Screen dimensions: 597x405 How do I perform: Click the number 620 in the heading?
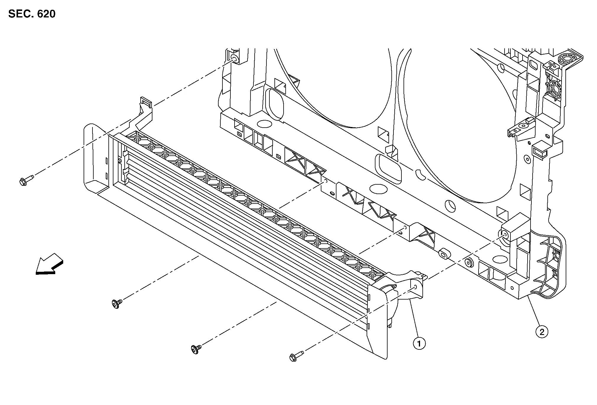46,14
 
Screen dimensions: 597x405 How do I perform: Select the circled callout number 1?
419,344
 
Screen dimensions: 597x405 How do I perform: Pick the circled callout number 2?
542,332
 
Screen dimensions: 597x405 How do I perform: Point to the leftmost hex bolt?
26,180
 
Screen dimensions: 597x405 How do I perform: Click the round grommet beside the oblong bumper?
468,262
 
